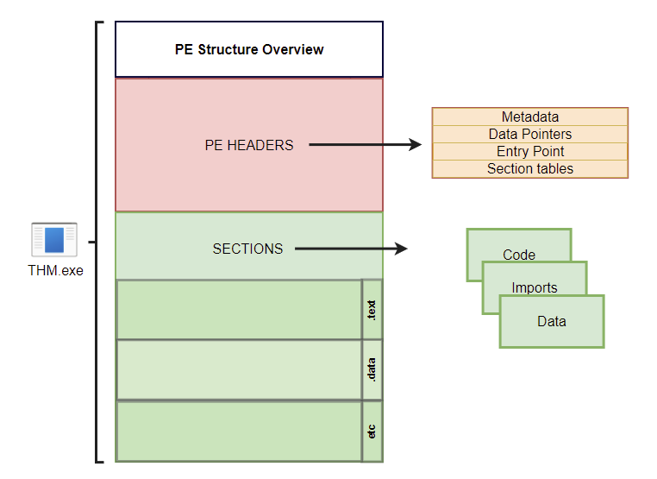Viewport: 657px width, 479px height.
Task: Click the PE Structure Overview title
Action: (x=249, y=49)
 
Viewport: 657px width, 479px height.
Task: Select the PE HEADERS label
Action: (x=248, y=145)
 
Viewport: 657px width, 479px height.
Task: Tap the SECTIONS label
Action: (x=247, y=249)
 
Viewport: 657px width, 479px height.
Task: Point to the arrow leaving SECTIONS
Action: (x=350, y=249)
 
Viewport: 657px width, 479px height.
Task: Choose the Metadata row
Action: (x=529, y=117)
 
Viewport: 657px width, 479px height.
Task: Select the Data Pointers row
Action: (x=529, y=134)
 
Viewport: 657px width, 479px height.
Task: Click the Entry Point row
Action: (x=529, y=151)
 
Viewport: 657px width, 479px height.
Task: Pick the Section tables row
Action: (x=529, y=169)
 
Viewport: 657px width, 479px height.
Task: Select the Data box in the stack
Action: (x=552, y=322)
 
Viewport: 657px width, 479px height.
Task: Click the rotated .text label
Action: (x=372, y=309)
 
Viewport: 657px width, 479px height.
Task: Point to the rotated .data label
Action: (x=372, y=369)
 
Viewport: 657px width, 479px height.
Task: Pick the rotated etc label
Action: (x=372, y=431)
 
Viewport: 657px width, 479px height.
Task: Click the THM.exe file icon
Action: (x=54, y=239)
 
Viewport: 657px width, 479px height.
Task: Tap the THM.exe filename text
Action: (x=54, y=270)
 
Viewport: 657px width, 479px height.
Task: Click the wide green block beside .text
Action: (x=239, y=309)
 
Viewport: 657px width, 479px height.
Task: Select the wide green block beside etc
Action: (x=239, y=431)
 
